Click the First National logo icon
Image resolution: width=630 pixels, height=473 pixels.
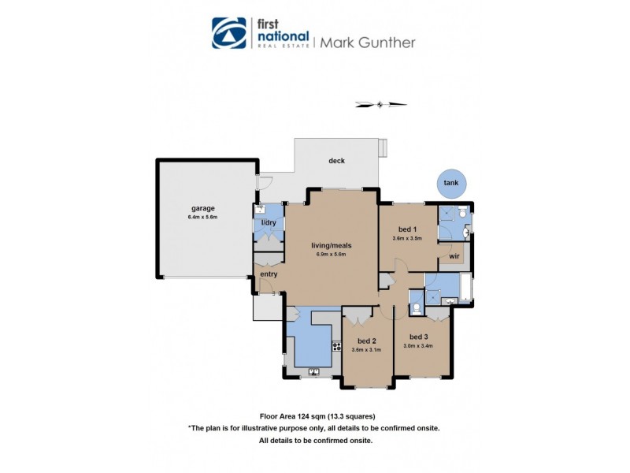[x=229, y=33]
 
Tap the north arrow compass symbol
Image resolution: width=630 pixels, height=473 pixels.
[x=381, y=103]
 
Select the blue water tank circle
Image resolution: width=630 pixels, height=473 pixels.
[x=451, y=183]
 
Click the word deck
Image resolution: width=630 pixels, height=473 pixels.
[x=337, y=161]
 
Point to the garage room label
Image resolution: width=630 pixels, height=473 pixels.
[x=202, y=208]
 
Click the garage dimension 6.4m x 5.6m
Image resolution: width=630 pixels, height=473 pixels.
[x=202, y=217]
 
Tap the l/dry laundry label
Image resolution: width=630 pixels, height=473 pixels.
[x=269, y=223]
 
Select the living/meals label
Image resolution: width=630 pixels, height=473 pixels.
[x=331, y=245]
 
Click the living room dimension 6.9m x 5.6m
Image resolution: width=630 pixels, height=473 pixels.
[x=331, y=254]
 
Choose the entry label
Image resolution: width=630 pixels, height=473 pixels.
[x=269, y=274]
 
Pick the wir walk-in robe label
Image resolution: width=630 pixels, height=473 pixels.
[x=454, y=256]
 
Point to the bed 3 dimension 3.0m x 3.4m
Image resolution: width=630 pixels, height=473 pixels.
[x=419, y=345]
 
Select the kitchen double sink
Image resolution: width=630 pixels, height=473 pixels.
[x=313, y=370]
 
